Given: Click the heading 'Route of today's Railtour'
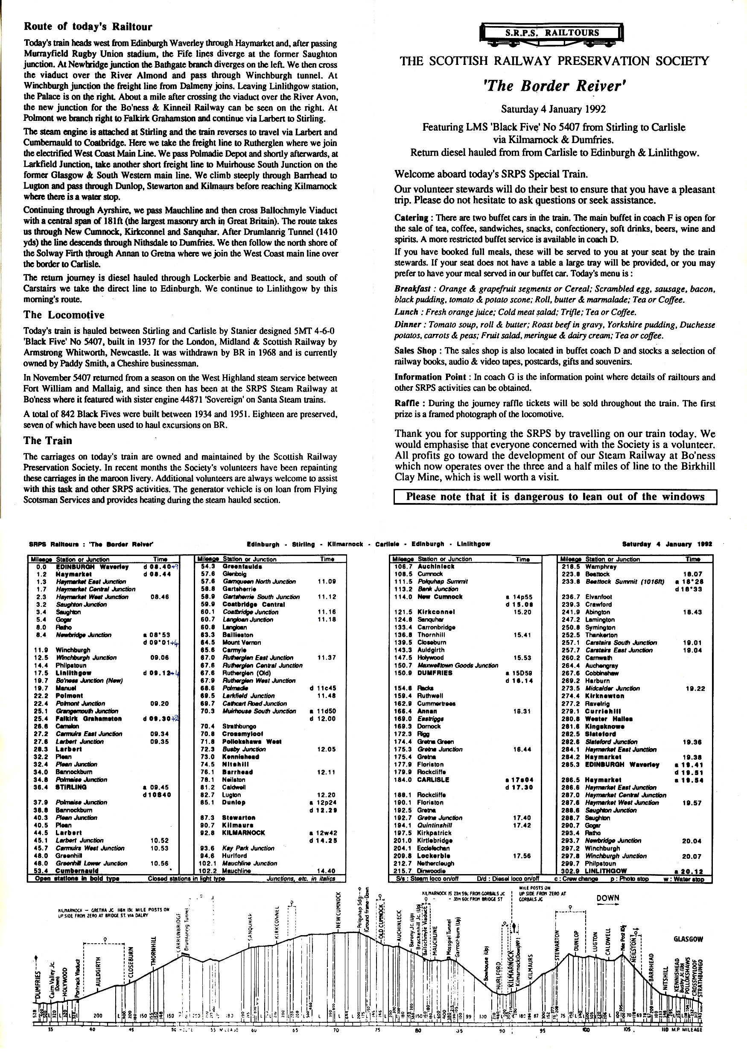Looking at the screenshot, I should (x=88, y=27).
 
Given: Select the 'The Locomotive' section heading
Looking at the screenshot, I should (x=64, y=315).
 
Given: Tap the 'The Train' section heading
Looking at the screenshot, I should (x=48, y=441).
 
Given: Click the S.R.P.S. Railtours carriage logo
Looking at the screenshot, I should (x=551, y=34).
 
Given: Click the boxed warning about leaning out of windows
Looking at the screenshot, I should (x=555, y=497).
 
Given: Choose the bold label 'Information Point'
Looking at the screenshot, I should (x=430, y=377).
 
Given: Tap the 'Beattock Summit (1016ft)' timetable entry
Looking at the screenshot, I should (x=625, y=582).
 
